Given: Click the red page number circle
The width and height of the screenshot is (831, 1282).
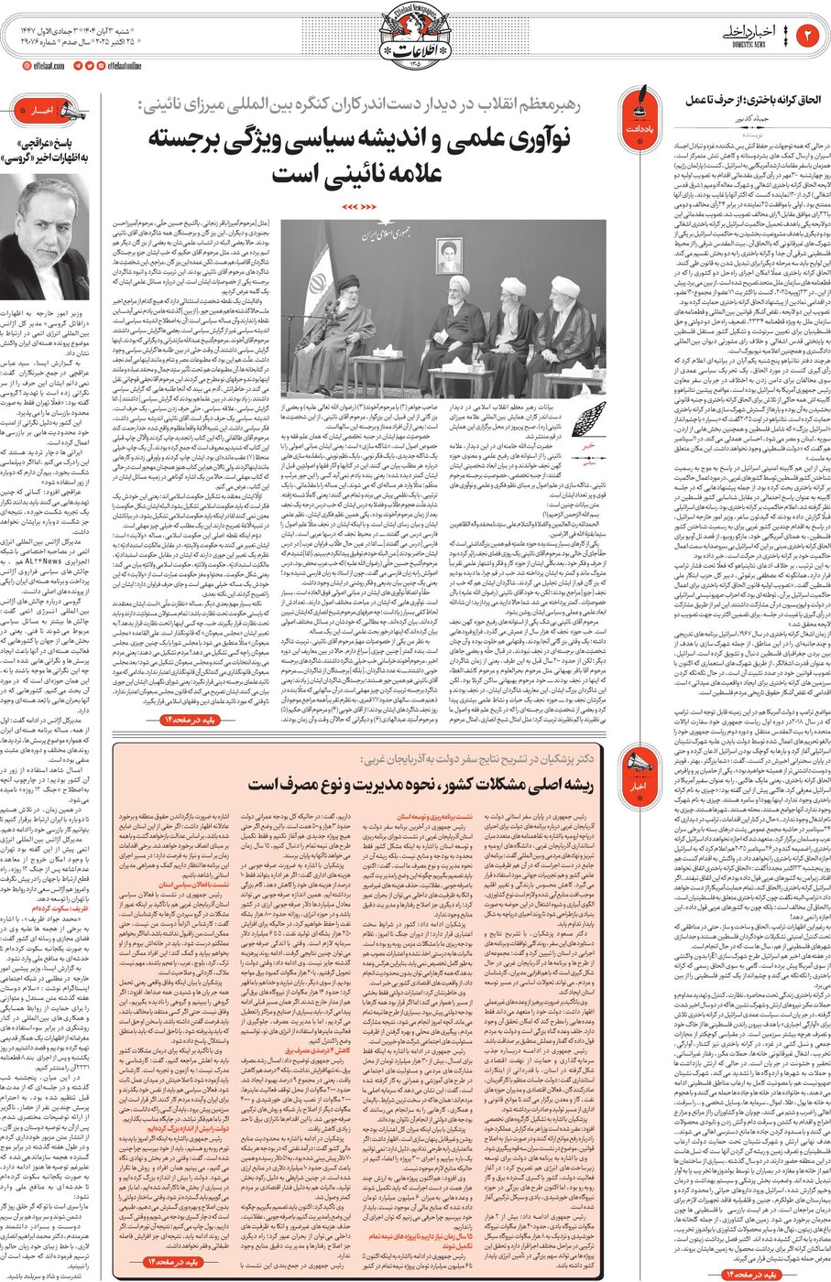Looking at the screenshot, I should pos(809,36).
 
